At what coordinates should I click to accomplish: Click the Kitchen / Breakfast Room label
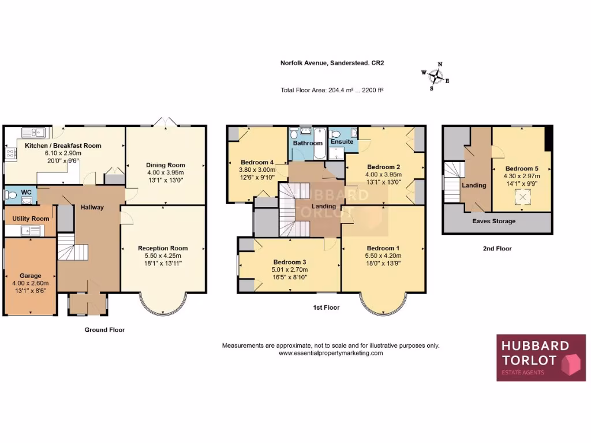coord(63,146)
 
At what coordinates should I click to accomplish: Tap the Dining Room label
coord(166,166)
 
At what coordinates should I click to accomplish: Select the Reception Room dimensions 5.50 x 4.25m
coord(163,256)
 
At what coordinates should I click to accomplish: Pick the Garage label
coord(30,276)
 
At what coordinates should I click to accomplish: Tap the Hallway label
coord(92,208)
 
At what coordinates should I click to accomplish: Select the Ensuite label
coord(342,142)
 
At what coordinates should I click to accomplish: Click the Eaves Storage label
coord(494,221)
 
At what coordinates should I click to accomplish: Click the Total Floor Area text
coord(332,90)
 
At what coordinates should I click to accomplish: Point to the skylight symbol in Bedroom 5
coord(522,198)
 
